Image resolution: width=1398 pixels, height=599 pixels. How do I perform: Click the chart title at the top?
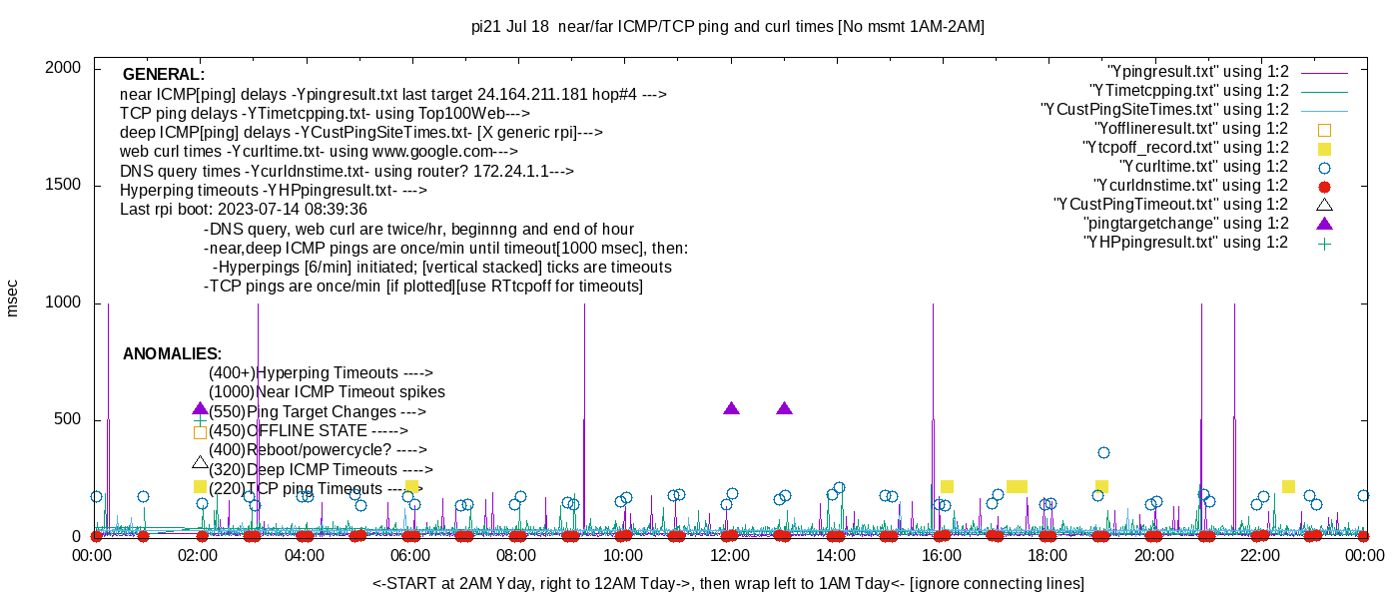point(727,27)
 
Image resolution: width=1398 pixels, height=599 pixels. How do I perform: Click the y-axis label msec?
point(13,299)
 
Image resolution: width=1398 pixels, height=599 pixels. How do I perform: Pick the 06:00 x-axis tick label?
point(410,555)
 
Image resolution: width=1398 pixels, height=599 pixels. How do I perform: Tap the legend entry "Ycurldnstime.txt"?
point(1190,186)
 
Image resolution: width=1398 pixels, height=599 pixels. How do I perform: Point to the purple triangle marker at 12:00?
point(731,408)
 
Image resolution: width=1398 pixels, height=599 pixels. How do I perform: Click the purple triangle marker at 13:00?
point(784,408)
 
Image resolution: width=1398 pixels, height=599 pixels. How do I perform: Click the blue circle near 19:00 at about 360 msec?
point(1103,452)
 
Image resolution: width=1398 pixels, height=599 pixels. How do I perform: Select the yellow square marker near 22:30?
point(1288,486)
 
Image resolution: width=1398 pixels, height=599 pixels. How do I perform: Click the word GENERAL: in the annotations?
point(163,75)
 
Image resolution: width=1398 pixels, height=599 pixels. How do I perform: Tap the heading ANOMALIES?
point(172,354)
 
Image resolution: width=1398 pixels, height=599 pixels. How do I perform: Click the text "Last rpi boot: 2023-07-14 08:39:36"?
point(243,210)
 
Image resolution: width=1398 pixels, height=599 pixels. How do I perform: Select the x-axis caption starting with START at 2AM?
point(728,583)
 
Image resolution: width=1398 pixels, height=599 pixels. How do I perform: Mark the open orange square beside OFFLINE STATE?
point(200,432)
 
